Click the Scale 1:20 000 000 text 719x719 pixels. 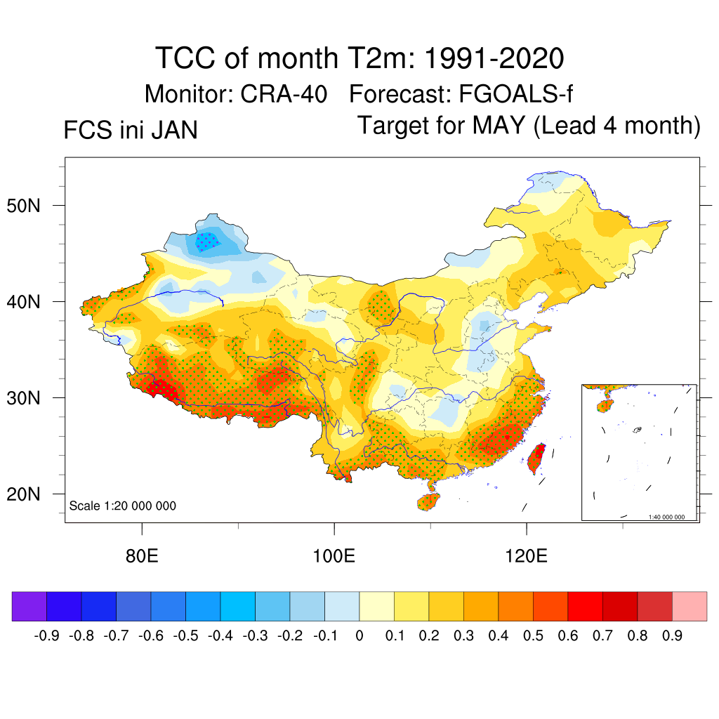(x=123, y=506)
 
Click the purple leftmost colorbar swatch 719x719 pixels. (x=29, y=606)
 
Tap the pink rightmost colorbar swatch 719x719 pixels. (x=690, y=606)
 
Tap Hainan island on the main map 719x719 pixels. (x=428, y=501)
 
